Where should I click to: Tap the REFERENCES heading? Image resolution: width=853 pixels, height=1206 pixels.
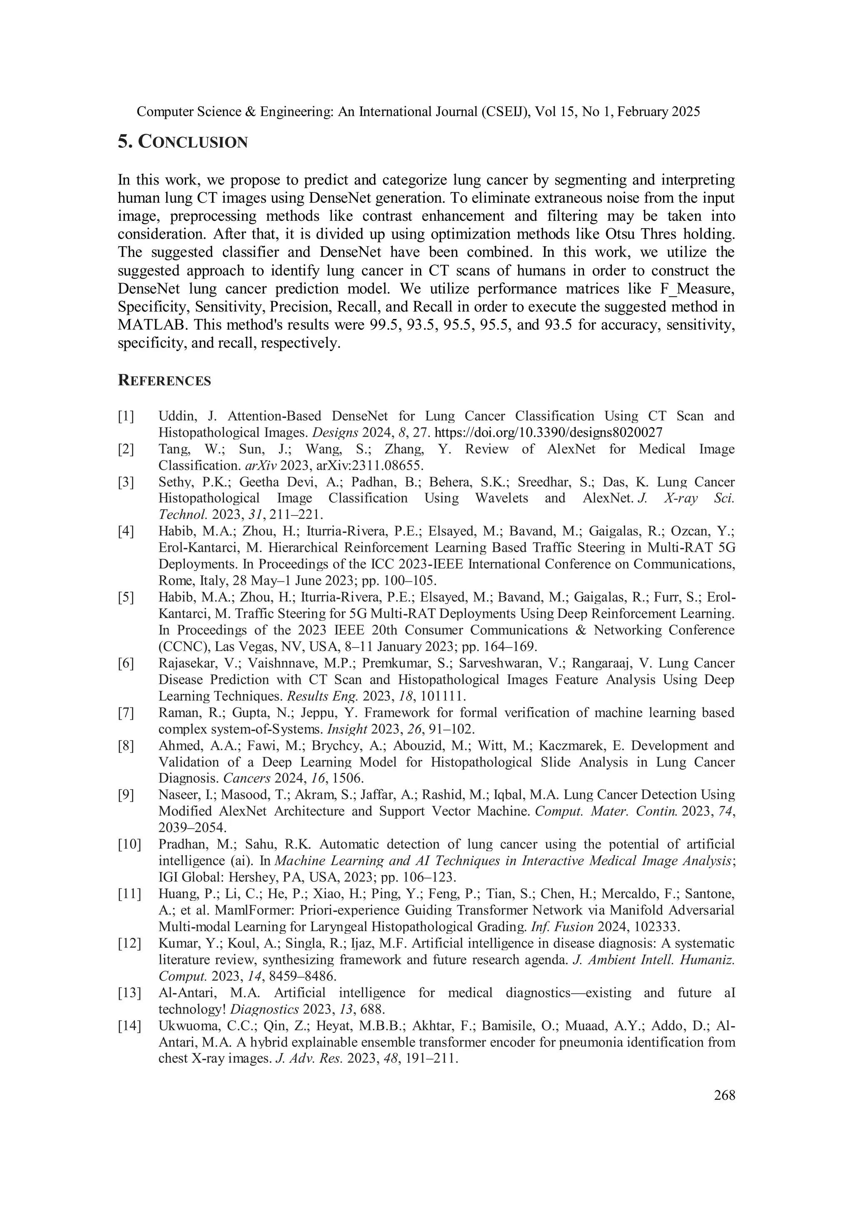click(165, 381)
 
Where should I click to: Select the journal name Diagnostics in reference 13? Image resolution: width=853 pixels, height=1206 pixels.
click(259, 1009)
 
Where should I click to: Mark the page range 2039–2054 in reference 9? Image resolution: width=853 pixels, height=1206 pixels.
click(192, 827)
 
